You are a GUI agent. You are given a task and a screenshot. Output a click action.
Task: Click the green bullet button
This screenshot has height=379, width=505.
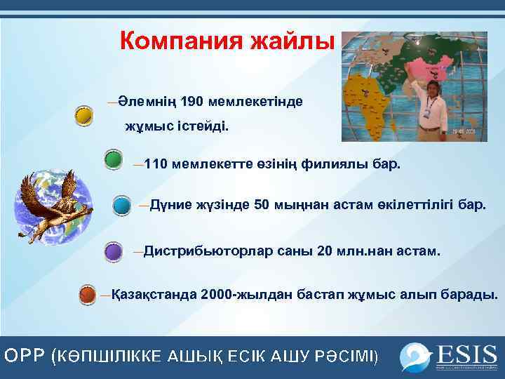tap(113, 160)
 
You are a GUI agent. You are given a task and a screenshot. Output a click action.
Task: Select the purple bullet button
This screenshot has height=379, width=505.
tap(114, 251)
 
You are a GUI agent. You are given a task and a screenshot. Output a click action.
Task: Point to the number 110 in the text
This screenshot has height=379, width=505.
tap(156, 165)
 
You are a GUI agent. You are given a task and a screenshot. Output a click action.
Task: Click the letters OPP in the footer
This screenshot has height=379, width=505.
tap(25, 357)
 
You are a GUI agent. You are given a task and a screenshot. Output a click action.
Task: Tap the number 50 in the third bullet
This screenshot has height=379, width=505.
tap(262, 206)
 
